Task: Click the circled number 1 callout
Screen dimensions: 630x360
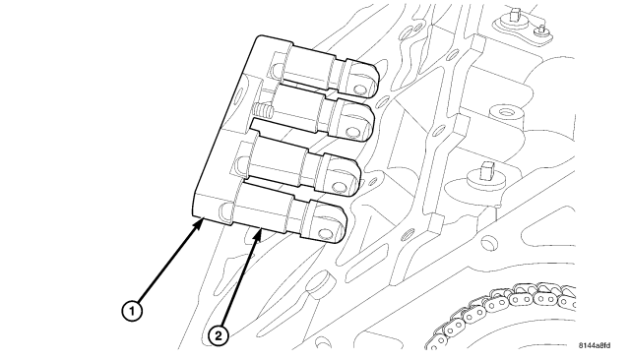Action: (x=132, y=311)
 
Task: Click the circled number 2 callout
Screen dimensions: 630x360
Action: (x=219, y=335)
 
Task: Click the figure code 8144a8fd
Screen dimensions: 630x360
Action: (x=595, y=345)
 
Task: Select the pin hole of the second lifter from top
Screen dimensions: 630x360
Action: (x=353, y=131)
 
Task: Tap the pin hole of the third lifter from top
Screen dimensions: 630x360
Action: (x=339, y=187)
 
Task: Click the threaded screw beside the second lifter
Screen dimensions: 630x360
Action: (x=264, y=108)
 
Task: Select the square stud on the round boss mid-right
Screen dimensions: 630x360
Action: (x=486, y=170)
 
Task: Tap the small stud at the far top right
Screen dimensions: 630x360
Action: (x=541, y=30)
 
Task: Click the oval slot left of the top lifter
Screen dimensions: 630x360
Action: (x=279, y=69)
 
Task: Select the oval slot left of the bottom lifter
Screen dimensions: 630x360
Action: (x=225, y=212)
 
